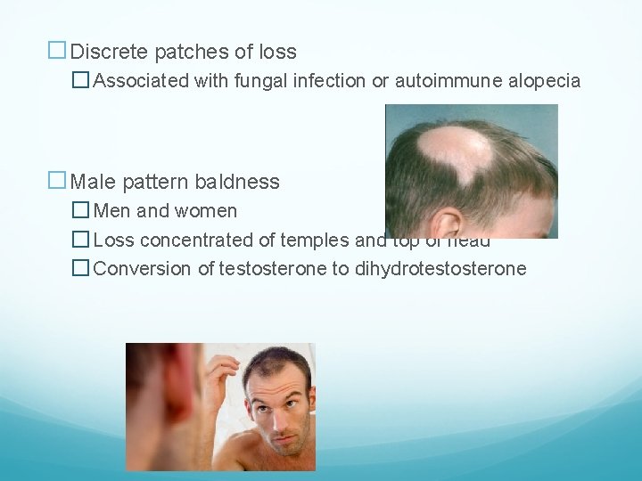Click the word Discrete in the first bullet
[x=106, y=52]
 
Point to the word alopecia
[x=546, y=81]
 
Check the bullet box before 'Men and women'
[x=81, y=211]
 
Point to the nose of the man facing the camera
[x=273, y=422]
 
